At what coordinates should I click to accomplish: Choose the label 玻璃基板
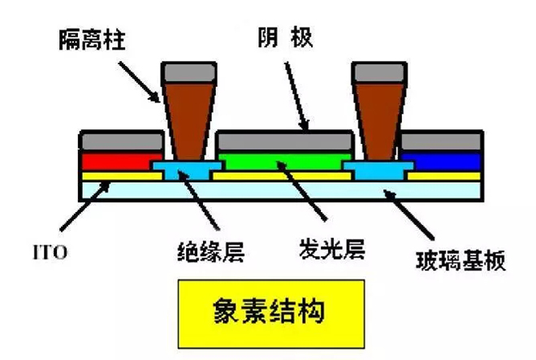(456, 259)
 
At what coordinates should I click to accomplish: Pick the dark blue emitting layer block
(442, 160)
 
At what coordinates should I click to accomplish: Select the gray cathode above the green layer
(282, 141)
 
